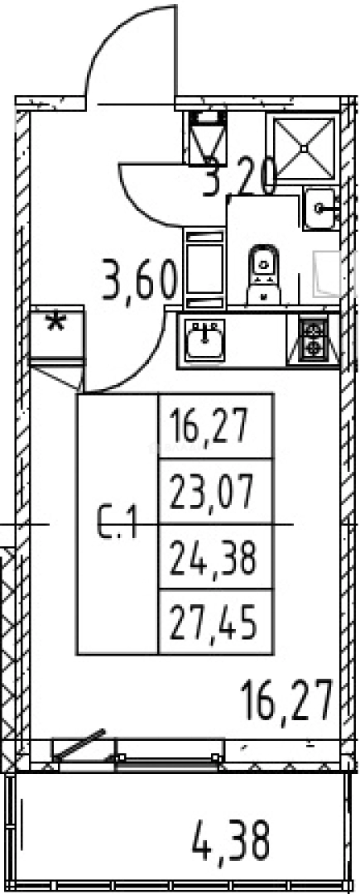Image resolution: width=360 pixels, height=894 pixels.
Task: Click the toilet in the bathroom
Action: (264, 276)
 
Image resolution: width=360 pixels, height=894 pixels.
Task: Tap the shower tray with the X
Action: (305, 147)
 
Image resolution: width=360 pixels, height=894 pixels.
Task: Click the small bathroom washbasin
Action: (321, 209)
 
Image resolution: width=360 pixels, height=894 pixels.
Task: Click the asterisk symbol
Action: (55, 323)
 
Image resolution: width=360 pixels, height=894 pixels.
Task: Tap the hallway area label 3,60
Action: (138, 280)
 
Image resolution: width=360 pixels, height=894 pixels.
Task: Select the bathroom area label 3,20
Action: (240, 177)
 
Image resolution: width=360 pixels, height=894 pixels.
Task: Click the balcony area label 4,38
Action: (231, 839)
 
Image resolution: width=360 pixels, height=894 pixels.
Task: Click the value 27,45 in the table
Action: (213, 623)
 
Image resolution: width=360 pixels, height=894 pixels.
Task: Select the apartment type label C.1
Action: (117, 522)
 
